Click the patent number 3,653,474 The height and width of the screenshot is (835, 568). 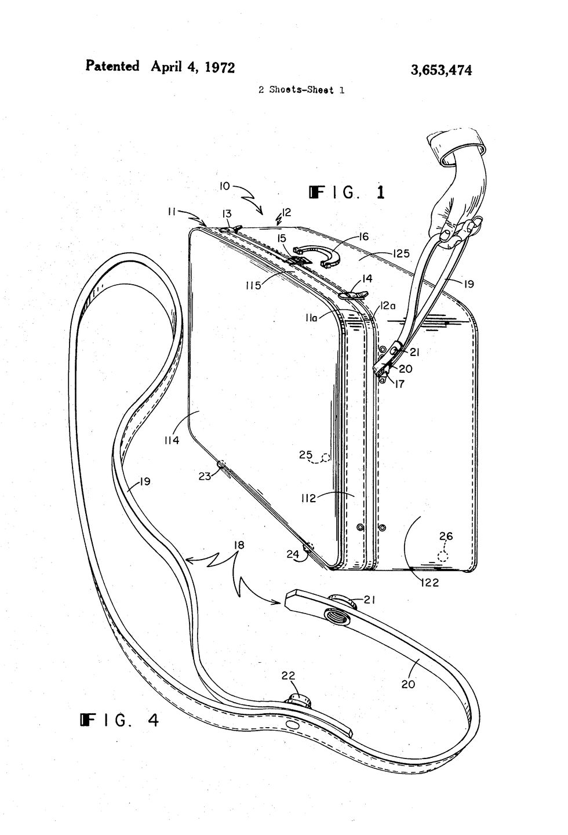point(441,70)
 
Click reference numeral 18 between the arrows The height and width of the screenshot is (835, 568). point(238,544)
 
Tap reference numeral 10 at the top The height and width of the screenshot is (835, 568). point(225,186)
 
